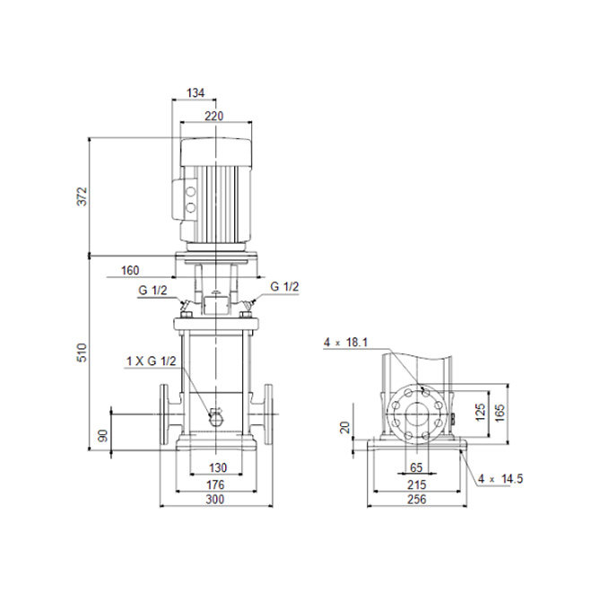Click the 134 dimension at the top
[x=196, y=93]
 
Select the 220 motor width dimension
[x=214, y=116]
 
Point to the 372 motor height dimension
[x=83, y=196]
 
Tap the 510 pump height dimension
[x=83, y=353]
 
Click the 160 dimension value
[x=130, y=270]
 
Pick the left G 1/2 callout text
[x=152, y=291]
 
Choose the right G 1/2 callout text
[x=284, y=286]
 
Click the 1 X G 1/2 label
[x=151, y=361]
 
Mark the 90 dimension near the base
[x=102, y=435]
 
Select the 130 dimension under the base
[x=218, y=468]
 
